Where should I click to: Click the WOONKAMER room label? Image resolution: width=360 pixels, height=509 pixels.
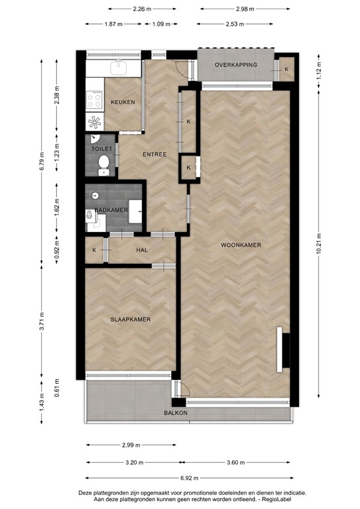coord(241,245)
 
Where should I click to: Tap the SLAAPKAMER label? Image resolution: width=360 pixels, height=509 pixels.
coord(130,319)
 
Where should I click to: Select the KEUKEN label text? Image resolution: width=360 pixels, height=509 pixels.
coord(123,102)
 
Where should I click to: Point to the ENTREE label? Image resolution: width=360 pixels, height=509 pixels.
coord(154,154)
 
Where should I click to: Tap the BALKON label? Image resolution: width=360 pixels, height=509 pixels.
coord(176,413)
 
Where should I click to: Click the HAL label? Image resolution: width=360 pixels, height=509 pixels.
coord(142,250)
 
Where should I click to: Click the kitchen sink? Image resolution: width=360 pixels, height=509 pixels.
coord(119,66)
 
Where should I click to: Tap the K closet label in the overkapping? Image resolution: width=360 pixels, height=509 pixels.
coord(286,70)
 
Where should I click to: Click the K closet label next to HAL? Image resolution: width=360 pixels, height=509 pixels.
coord(94,250)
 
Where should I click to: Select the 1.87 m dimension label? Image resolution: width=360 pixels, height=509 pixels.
coord(114,24)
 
